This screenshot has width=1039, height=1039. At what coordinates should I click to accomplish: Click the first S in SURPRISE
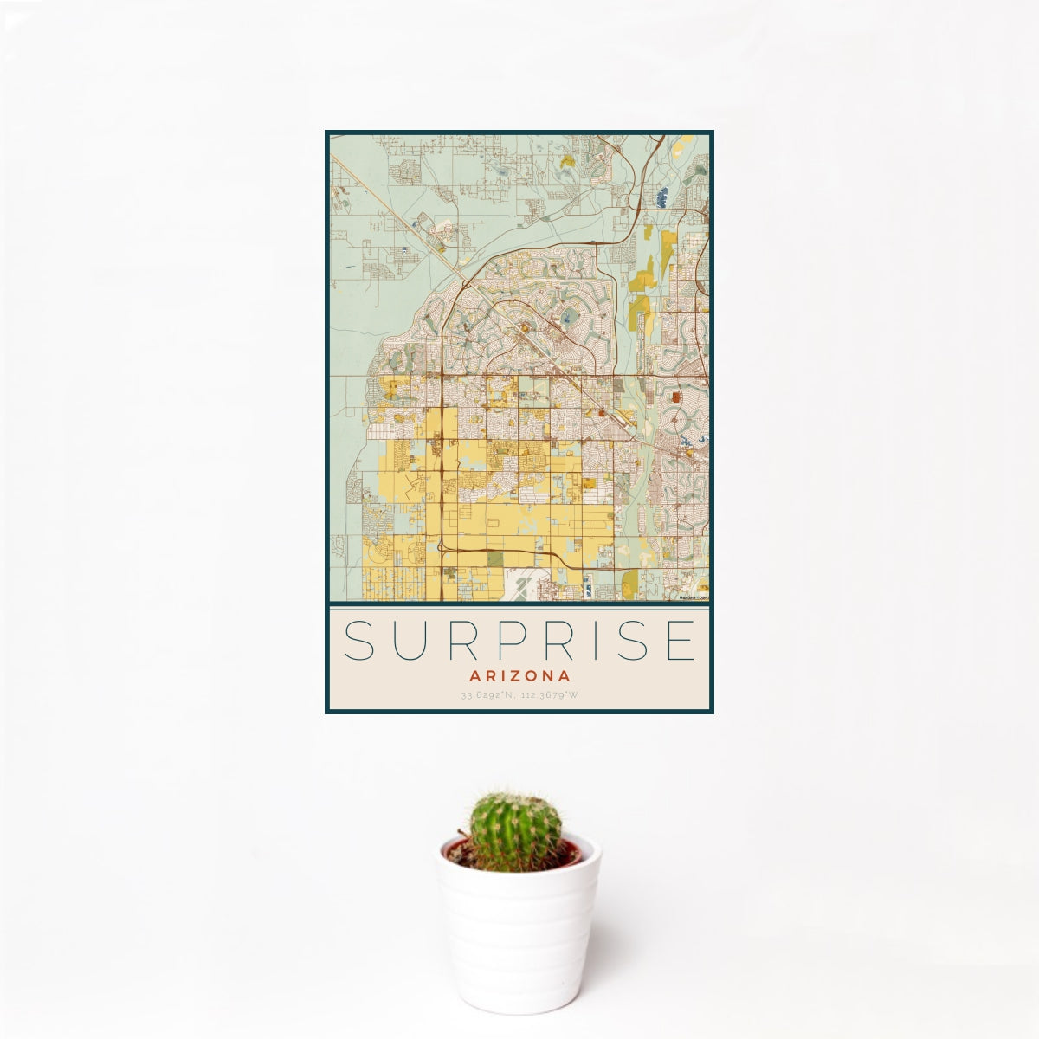tap(358, 641)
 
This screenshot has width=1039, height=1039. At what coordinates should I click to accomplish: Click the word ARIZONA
tap(519, 675)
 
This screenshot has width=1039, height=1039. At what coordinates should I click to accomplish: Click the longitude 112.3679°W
tap(549, 695)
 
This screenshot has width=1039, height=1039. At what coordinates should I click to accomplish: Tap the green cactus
tap(515, 831)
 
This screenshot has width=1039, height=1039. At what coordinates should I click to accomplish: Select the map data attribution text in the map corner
tap(694, 597)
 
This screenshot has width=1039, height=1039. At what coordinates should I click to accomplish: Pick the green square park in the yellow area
tap(494, 559)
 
